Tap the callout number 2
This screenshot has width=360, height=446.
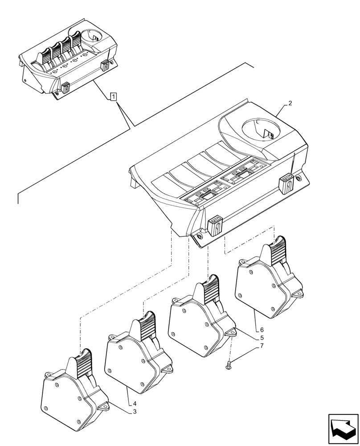pos(290,103)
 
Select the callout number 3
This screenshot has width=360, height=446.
pos(135,412)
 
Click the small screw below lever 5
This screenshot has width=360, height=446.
pos(229,366)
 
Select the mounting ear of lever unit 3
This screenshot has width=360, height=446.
pos(104,407)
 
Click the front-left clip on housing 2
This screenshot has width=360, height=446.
pos(215,225)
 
